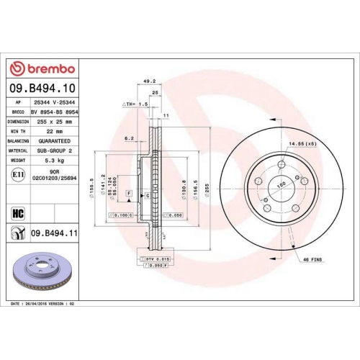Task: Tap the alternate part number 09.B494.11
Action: pyautogui.click(x=55, y=234)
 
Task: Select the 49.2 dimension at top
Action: pyautogui.click(x=150, y=81)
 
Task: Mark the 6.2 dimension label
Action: pyautogui.click(x=129, y=138)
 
